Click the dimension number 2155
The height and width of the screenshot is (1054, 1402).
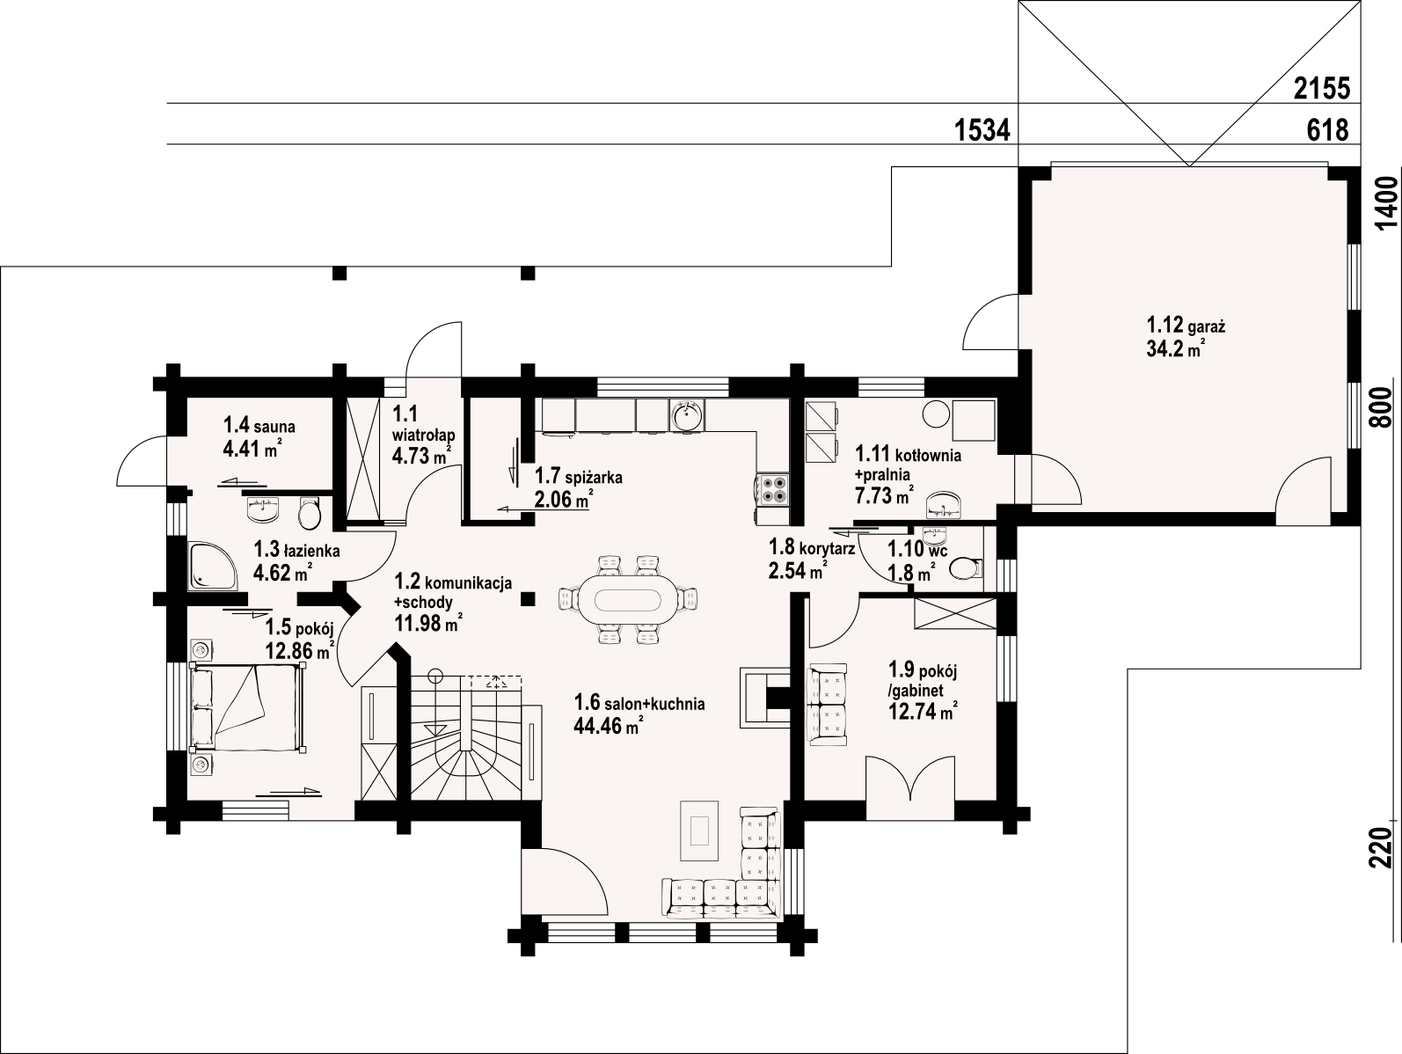(1322, 89)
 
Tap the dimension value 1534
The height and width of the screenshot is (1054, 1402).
(982, 130)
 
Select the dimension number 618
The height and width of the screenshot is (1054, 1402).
(1328, 130)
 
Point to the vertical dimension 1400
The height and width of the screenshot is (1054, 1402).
(1387, 202)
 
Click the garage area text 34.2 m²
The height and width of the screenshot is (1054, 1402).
(1176, 348)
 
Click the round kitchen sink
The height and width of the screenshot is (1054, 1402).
(686, 416)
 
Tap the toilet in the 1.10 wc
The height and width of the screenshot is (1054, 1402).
(966, 567)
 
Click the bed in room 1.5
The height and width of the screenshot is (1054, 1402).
(248, 706)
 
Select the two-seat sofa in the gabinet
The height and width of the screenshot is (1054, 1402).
(829, 704)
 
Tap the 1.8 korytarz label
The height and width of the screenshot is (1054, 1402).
(811, 547)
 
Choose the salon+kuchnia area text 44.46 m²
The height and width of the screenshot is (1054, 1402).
(609, 726)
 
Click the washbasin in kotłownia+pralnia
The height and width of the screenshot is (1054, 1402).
(944, 504)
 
